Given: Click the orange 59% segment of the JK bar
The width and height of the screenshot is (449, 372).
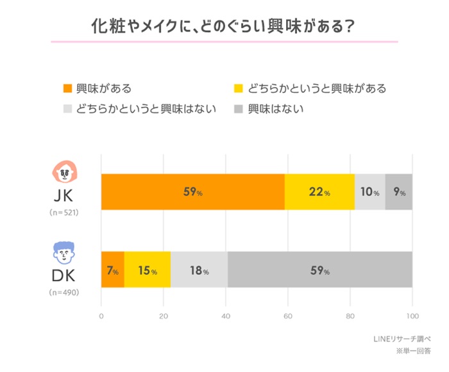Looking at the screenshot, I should pyautogui.click(x=192, y=192).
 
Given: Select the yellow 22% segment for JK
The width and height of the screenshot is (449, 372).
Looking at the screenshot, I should pyautogui.click(x=319, y=192).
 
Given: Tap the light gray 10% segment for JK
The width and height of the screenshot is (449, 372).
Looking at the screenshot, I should pyautogui.click(x=369, y=192).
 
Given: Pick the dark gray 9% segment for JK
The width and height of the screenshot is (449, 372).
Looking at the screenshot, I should pyautogui.click(x=399, y=192).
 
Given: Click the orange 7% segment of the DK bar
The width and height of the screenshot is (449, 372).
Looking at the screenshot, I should pyautogui.click(x=112, y=270).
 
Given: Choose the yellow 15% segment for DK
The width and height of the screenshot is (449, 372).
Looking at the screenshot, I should pyautogui.click(x=148, y=270).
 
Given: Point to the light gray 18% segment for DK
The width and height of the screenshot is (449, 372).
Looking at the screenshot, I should pyautogui.click(x=199, y=270).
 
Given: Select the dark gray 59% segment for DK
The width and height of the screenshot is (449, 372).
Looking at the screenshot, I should pyautogui.click(x=319, y=270).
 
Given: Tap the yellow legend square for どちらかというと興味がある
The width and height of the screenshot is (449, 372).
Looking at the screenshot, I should pyautogui.click(x=239, y=88).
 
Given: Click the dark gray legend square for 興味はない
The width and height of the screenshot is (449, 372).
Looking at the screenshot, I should pyautogui.click(x=239, y=108).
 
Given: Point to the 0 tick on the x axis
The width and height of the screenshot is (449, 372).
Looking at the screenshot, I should pyautogui.click(x=101, y=316).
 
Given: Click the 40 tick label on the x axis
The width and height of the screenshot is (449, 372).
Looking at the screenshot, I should pyautogui.click(x=226, y=316).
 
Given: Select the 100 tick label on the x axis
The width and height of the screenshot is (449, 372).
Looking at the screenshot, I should pyautogui.click(x=412, y=316).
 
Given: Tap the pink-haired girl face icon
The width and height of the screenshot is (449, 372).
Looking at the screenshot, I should pyautogui.click(x=65, y=172).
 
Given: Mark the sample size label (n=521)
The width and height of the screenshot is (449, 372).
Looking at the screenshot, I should pyautogui.click(x=65, y=212).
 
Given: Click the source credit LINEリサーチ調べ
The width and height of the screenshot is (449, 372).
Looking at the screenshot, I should pyautogui.click(x=402, y=339).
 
